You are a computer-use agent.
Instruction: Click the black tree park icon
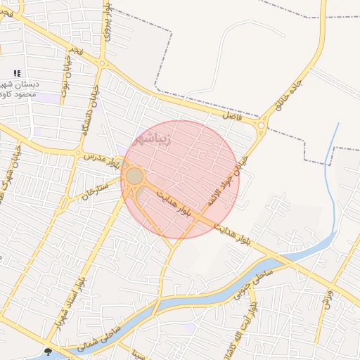[x=48, y=352]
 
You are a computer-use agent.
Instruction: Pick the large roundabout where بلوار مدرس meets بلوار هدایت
[x=134, y=176]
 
